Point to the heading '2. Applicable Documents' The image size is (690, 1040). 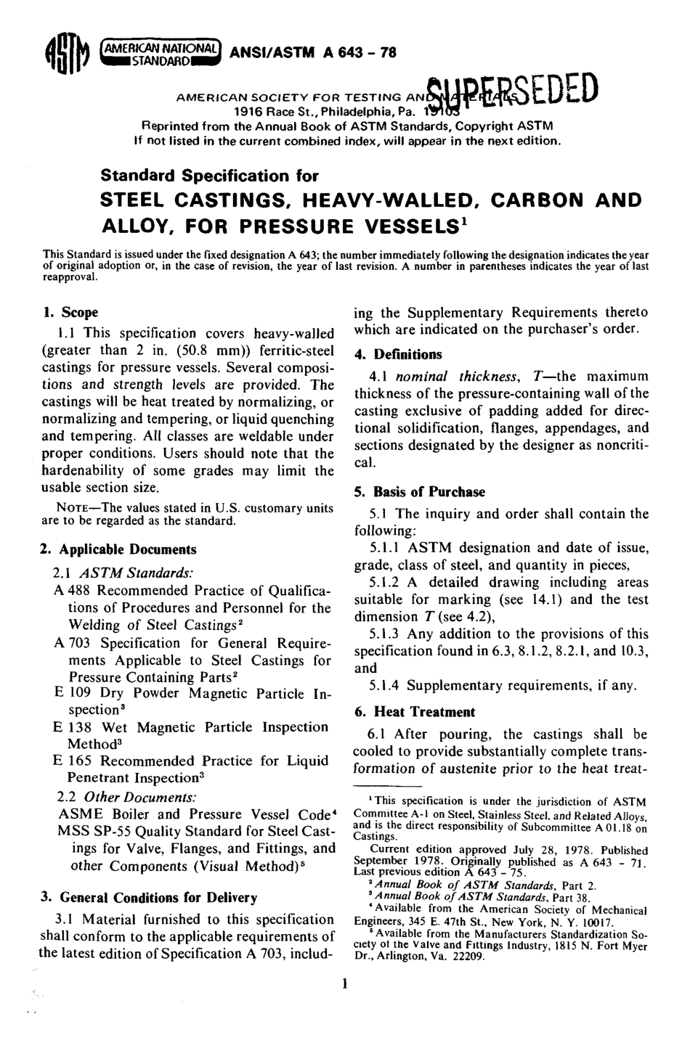(118, 549)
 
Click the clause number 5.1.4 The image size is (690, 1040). (385, 685)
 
